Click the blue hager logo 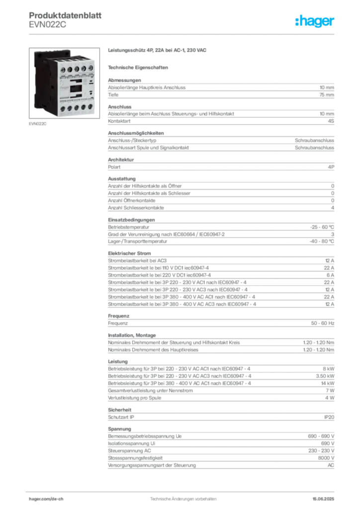pos(315,21)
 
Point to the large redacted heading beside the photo pos(157,51)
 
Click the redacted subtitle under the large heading pos(140,67)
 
